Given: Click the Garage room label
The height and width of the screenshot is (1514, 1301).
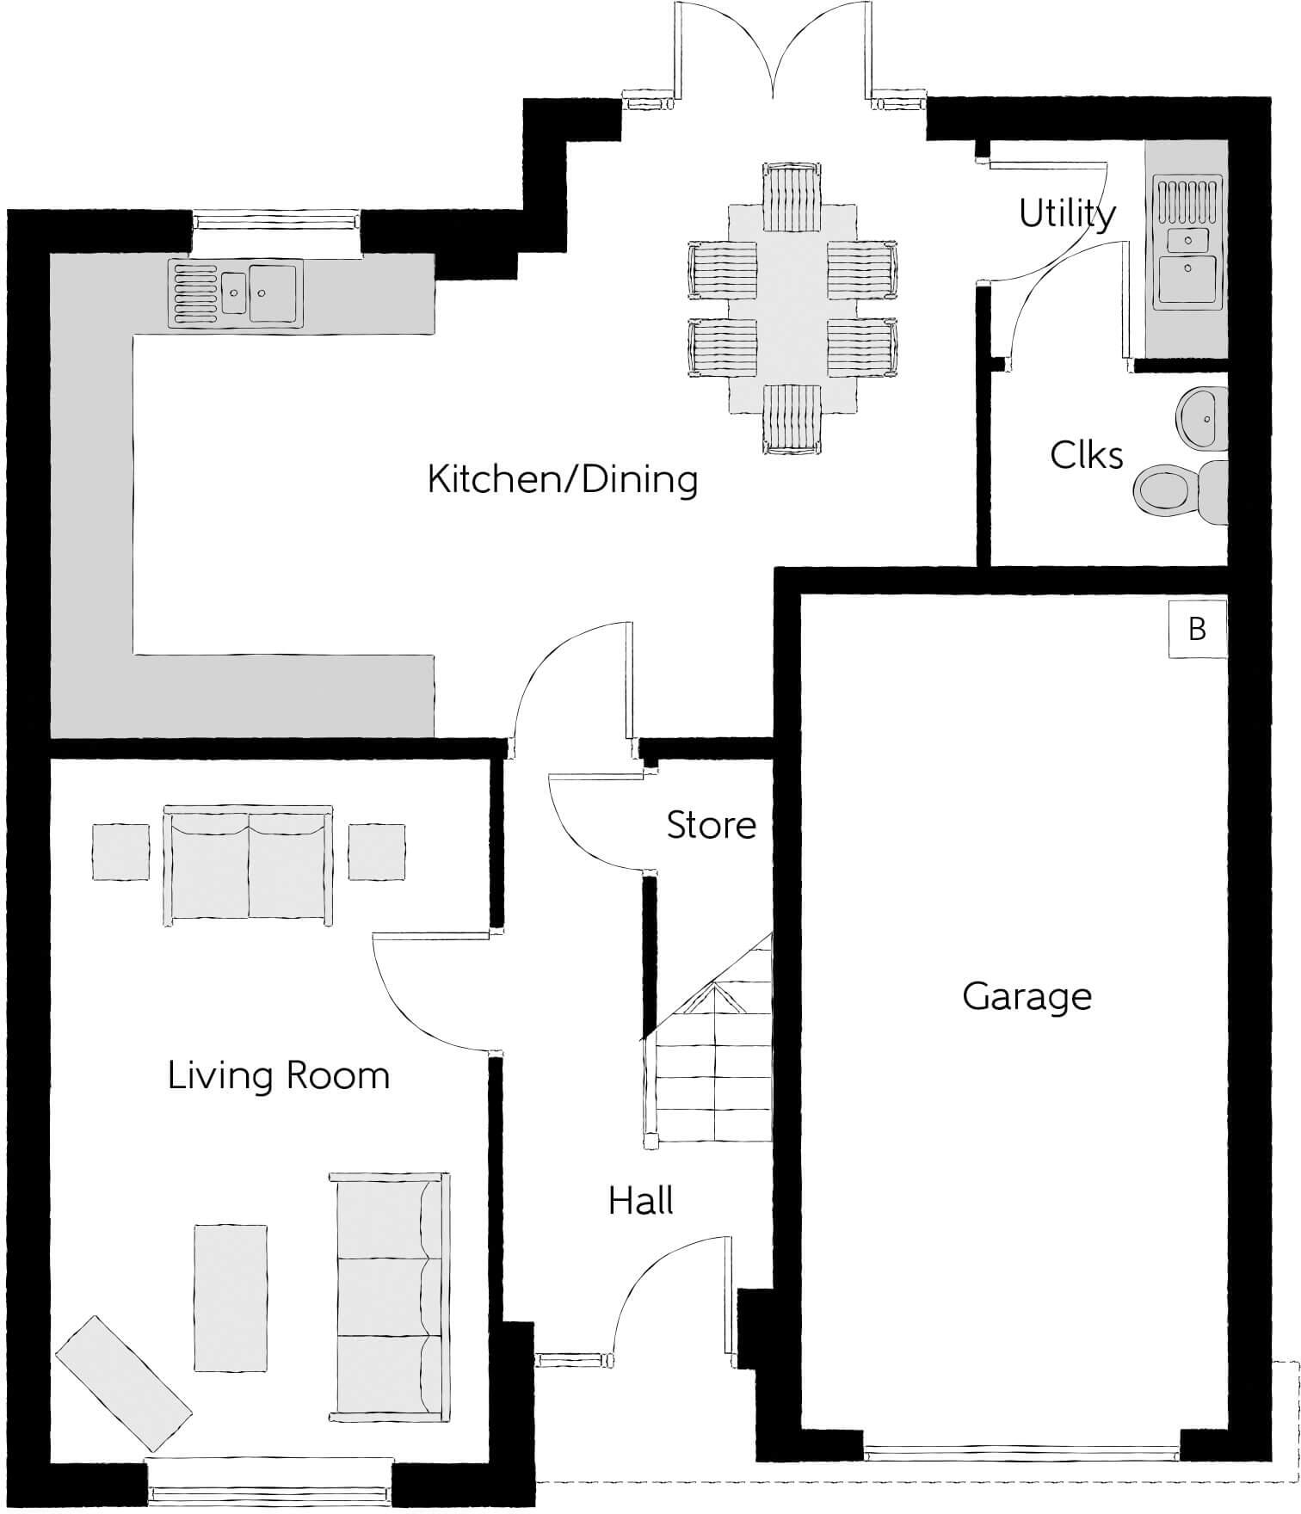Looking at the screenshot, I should click(1027, 996).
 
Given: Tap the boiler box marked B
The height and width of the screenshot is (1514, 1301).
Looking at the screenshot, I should click(1197, 629).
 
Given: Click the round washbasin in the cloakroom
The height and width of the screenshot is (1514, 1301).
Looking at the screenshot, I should click(1202, 418).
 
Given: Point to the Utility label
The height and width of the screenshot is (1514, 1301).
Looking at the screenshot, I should click(1067, 213).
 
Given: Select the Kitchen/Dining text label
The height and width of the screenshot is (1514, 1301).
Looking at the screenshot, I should click(563, 479).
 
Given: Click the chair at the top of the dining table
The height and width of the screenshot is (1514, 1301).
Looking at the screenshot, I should click(792, 198).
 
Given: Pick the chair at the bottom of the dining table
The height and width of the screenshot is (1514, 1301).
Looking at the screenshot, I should click(792, 418).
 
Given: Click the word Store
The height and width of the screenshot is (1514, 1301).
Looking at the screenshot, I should click(711, 825).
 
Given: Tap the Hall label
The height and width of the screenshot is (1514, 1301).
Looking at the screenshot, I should click(640, 1201).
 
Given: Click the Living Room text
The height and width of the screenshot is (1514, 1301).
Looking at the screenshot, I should click(278, 1076).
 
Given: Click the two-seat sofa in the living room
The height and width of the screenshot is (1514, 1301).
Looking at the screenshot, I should click(248, 865).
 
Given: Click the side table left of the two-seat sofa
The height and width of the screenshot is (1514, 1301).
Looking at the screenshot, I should click(120, 852).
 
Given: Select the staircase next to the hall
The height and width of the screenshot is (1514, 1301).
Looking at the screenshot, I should click(711, 1067).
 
